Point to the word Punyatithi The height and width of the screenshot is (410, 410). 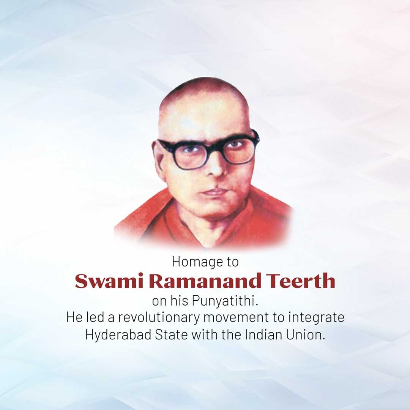tap(225, 301)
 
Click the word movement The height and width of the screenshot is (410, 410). tap(236, 318)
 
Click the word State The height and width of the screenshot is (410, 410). tap(171, 335)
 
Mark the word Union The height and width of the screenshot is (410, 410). tap(305, 335)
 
